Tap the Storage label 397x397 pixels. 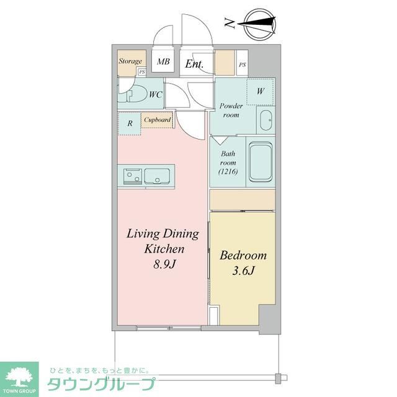130,61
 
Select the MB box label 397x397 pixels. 163,61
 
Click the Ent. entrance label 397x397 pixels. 195,63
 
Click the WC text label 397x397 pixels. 155,94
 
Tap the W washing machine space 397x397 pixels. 261,91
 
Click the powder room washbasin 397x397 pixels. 265,120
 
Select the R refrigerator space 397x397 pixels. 130,123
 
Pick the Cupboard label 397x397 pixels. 158,120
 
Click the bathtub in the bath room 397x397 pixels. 261,162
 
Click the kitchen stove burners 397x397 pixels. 133,177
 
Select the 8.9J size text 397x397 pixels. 163,264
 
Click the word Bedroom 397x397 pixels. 244,255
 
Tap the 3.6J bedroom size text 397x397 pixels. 244,271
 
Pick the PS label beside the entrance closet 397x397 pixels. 242,65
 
